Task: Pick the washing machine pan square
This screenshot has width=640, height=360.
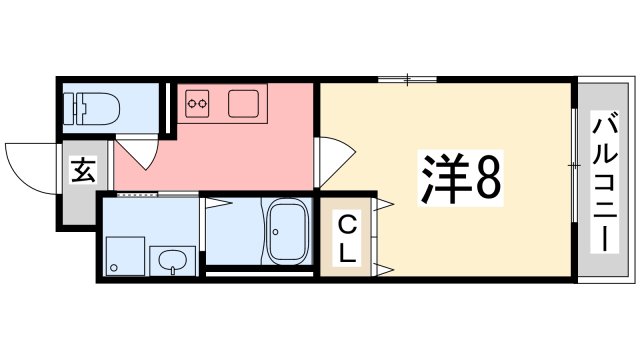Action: pyautogui.click(x=123, y=255)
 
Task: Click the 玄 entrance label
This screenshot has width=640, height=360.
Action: pyautogui.click(x=81, y=171)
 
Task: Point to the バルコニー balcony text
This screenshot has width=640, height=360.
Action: pyautogui.click(x=604, y=180)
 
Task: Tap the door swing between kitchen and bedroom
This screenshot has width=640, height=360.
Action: pyautogui.click(x=334, y=161)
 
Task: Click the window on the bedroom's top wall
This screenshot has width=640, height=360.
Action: pyautogui.click(x=407, y=78)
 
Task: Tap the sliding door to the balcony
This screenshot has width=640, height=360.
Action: pyautogui.click(x=574, y=169)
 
